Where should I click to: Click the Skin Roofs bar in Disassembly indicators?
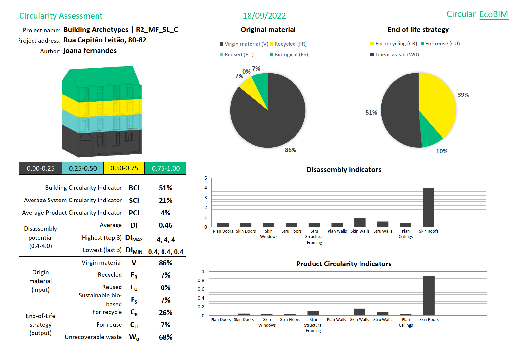click(x=428, y=207)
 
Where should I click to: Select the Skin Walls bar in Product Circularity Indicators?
click(x=360, y=312)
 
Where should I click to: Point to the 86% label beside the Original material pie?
click(x=291, y=150)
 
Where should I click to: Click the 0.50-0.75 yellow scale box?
click(x=124, y=168)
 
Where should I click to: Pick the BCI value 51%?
click(x=165, y=188)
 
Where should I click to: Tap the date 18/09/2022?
click(x=264, y=16)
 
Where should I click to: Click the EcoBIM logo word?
click(x=493, y=14)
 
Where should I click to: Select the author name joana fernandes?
click(x=90, y=51)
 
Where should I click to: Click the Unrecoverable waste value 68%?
click(x=165, y=337)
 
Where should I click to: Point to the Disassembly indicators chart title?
click(x=344, y=170)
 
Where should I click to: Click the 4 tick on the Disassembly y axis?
click(x=206, y=188)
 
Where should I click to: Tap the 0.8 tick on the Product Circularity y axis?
click(x=201, y=280)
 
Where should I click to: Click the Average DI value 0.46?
click(x=165, y=225)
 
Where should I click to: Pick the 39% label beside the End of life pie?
click(x=463, y=95)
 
